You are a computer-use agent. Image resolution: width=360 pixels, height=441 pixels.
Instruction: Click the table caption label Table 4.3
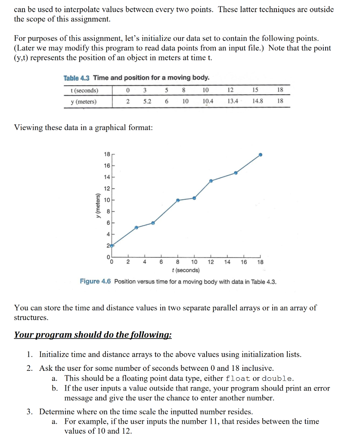coord(77,78)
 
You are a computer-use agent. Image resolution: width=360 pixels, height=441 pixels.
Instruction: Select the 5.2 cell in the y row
coord(147,102)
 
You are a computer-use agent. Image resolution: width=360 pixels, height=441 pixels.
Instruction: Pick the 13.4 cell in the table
coord(232,102)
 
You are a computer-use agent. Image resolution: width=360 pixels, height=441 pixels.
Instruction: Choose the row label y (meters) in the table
coord(84,102)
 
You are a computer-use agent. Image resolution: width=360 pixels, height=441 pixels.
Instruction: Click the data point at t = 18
coord(260,155)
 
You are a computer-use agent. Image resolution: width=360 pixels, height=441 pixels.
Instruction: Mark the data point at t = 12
coord(211,181)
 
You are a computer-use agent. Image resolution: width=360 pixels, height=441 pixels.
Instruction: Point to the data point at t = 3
coord(137,227)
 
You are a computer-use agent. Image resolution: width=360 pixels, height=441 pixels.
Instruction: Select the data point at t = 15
coord(236,173)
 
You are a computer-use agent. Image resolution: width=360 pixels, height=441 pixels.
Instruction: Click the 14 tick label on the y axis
coord(107,177)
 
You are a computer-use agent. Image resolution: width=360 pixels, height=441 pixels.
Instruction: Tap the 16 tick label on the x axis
coord(244,262)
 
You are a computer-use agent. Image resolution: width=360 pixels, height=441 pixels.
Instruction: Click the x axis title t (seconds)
coord(185,270)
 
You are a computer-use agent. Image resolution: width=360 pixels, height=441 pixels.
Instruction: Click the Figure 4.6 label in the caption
coord(95,282)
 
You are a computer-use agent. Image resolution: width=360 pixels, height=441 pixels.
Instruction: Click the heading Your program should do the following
coord(93,335)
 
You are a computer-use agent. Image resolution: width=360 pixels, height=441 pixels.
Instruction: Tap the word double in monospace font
coord(277,379)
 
